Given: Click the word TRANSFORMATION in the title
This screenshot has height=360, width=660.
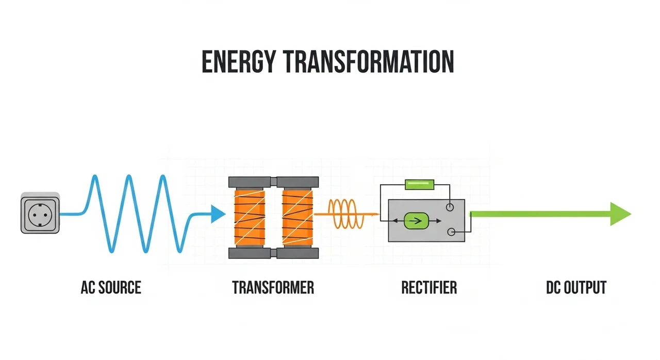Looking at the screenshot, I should coord(361,62).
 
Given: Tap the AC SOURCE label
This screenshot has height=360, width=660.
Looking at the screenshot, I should coord(111,287).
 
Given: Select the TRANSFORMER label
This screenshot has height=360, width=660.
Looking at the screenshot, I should coord(273,287).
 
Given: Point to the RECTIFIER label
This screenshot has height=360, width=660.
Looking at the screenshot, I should coord(429,287).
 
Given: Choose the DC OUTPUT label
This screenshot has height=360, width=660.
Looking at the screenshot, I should coord(576,287).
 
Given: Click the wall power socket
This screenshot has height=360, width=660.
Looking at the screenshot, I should coord(40,212).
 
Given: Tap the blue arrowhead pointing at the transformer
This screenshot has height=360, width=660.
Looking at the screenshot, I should coord(218,214).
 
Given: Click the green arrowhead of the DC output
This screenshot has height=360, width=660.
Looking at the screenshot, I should coord(620,214).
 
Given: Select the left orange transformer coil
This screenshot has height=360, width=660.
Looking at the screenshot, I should coord(250,217).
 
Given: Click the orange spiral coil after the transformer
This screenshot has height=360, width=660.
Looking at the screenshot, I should coord(346,214).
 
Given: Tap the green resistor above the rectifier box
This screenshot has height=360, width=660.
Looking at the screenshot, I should coord(419,184).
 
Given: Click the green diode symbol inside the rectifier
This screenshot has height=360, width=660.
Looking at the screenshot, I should coord(416,221).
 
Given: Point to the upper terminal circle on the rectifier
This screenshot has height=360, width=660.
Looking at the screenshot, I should coord(450,207).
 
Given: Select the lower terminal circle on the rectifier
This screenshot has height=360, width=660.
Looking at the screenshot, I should coord(451,232).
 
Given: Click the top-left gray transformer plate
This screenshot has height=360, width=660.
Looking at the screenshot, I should coord(251,182).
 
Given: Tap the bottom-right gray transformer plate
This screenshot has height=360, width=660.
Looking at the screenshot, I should coord(297,253).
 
